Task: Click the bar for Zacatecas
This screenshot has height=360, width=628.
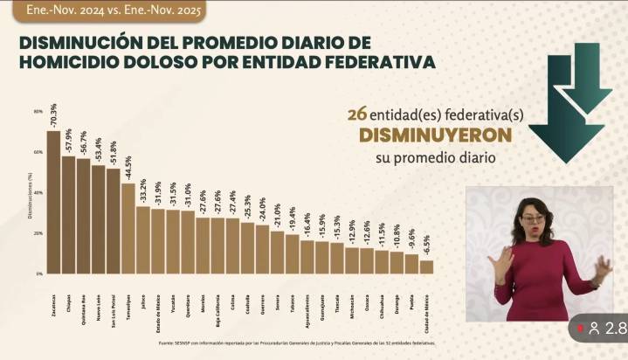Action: coord(53,202)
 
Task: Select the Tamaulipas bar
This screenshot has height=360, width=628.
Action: coord(128,228)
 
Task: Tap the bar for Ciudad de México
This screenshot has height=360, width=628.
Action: coord(426,267)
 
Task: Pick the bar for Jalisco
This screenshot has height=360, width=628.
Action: coord(142,239)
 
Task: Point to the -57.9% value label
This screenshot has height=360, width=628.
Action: coord(68,139)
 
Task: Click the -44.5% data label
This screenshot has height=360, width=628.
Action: coord(128,166)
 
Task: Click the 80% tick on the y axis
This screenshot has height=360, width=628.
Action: coord(38,111)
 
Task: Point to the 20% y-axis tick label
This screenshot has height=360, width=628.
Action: coord(38,233)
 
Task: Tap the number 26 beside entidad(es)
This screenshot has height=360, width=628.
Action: coord(355,114)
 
